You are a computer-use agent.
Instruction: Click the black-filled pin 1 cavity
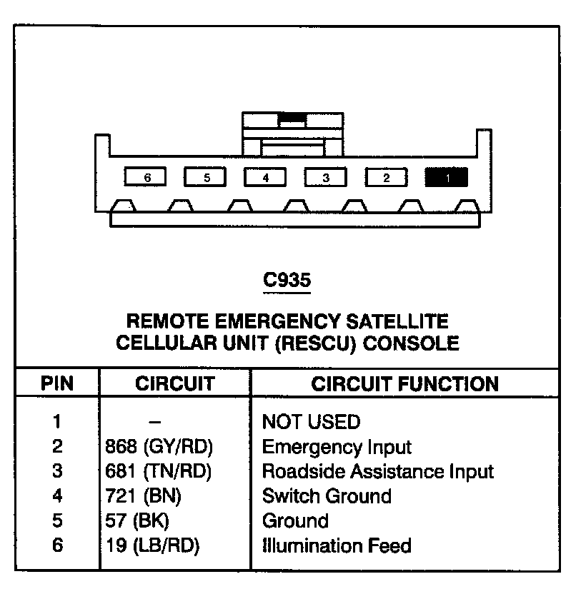pyautogui.click(x=446, y=177)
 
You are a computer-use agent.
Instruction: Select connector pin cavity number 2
pyautogui.click(x=386, y=177)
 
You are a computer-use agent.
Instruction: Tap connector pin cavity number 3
pyautogui.click(x=325, y=177)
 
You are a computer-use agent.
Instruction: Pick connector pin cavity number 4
pyautogui.click(x=265, y=177)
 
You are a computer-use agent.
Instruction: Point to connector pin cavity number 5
pyautogui.click(x=205, y=177)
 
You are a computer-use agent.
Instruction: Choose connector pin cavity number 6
pyautogui.click(x=145, y=177)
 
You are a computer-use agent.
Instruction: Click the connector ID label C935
pyautogui.click(x=287, y=281)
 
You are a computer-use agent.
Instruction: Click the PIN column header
pyautogui.click(x=57, y=383)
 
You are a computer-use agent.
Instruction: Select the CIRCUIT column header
pyautogui.click(x=174, y=383)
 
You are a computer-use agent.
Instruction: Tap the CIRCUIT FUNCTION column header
pyautogui.click(x=404, y=383)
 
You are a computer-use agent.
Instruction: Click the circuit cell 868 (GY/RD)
pyautogui.click(x=159, y=447)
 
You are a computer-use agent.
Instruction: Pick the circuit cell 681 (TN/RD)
pyautogui.click(x=159, y=471)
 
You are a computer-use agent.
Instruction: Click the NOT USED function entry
pyautogui.click(x=312, y=422)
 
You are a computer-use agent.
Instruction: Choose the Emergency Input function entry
pyautogui.click(x=337, y=448)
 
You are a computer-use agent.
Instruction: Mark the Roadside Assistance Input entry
pyautogui.click(x=378, y=471)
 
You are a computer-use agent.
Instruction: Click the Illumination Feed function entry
pyautogui.click(x=337, y=546)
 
